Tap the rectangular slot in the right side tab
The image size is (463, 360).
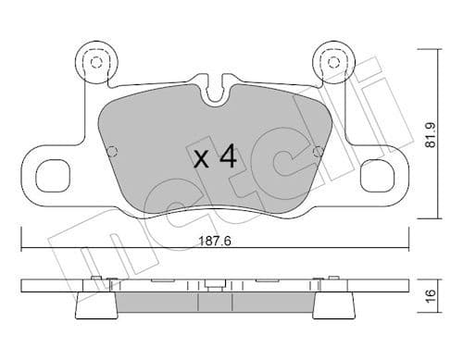tap(378, 173)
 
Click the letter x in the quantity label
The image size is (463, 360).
tap(199, 158)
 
